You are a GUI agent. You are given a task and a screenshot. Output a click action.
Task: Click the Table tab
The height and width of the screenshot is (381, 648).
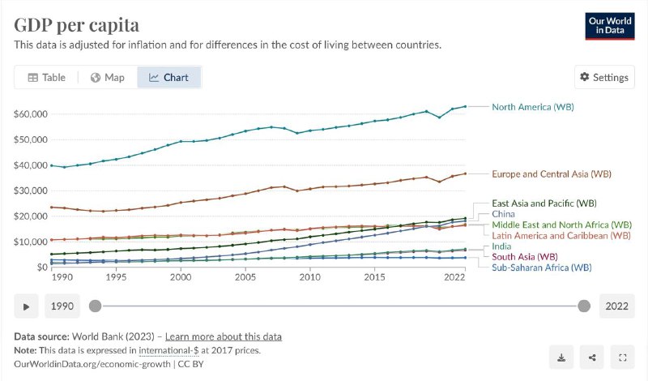(x=46, y=77)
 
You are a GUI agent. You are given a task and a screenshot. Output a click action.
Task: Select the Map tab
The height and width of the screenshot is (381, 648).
(x=108, y=77)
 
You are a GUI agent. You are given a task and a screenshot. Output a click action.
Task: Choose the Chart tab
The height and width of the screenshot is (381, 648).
(x=168, y=77)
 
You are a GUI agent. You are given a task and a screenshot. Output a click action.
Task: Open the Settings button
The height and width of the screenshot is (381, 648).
(x=604, y=77)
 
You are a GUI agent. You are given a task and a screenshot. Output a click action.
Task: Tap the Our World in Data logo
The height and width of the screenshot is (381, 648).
(x=610, y=26)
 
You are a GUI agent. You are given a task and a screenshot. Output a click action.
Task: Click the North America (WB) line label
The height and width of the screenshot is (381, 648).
(x=533, y=107)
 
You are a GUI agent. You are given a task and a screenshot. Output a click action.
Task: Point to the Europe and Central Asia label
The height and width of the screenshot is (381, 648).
(x=552, y=173)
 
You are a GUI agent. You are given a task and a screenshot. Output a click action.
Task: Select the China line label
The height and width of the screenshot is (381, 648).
(x=503, y=214)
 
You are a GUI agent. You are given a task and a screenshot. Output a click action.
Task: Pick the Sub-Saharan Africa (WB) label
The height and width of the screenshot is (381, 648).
(x=541, y=268)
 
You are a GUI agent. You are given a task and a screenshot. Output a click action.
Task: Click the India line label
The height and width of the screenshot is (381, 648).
(x=501, y=246)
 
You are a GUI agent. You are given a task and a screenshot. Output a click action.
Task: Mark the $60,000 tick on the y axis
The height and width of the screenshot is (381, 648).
(x=31, y=113)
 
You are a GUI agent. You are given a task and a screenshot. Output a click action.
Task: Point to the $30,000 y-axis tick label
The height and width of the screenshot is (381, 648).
(x=31, y=190)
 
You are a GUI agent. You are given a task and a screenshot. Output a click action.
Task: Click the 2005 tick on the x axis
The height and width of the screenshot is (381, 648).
(x=245, y=277)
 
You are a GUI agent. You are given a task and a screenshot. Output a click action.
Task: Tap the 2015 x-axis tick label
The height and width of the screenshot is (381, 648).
(x=374, y=277)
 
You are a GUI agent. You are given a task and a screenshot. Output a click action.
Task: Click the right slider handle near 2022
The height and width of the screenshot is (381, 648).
(x=584, y=306)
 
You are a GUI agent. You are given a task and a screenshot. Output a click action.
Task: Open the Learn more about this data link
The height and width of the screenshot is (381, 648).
(x=224, y=336)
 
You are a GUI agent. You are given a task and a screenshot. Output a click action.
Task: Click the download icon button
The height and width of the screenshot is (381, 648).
(x=561, y=357)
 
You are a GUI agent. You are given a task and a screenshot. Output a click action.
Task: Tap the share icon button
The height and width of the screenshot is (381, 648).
(x=592, y=357)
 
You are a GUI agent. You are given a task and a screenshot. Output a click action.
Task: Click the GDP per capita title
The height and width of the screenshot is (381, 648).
(x=76, y=25)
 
